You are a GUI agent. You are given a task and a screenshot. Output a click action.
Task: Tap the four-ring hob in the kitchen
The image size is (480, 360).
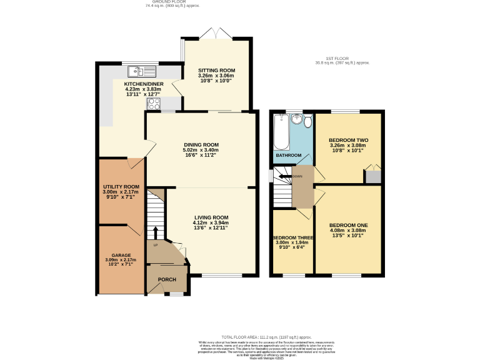point(154,103)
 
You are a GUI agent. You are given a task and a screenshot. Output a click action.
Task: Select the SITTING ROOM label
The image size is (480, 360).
point(217,71)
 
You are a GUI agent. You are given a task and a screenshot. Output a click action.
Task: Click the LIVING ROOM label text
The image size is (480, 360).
point(211,217)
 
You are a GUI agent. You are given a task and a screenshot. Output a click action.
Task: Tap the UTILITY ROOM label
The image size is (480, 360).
point(121,186)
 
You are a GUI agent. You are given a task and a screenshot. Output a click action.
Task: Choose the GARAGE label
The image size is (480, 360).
point(121,255)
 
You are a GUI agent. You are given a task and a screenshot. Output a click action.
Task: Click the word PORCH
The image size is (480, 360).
point(166,279)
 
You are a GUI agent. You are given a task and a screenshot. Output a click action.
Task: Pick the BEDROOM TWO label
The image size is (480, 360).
point(347,140)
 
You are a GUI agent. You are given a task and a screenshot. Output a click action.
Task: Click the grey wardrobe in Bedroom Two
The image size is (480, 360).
point(373,176)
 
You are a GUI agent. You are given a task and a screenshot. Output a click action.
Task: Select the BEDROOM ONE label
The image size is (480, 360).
point(348,225)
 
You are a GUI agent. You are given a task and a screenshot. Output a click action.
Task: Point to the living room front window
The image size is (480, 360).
point(221,275)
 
